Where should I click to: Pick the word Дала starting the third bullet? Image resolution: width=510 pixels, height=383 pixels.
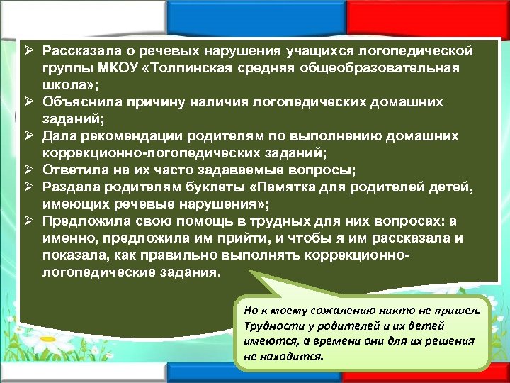point(59,135)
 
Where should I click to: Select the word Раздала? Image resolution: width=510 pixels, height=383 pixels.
point(71,187)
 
